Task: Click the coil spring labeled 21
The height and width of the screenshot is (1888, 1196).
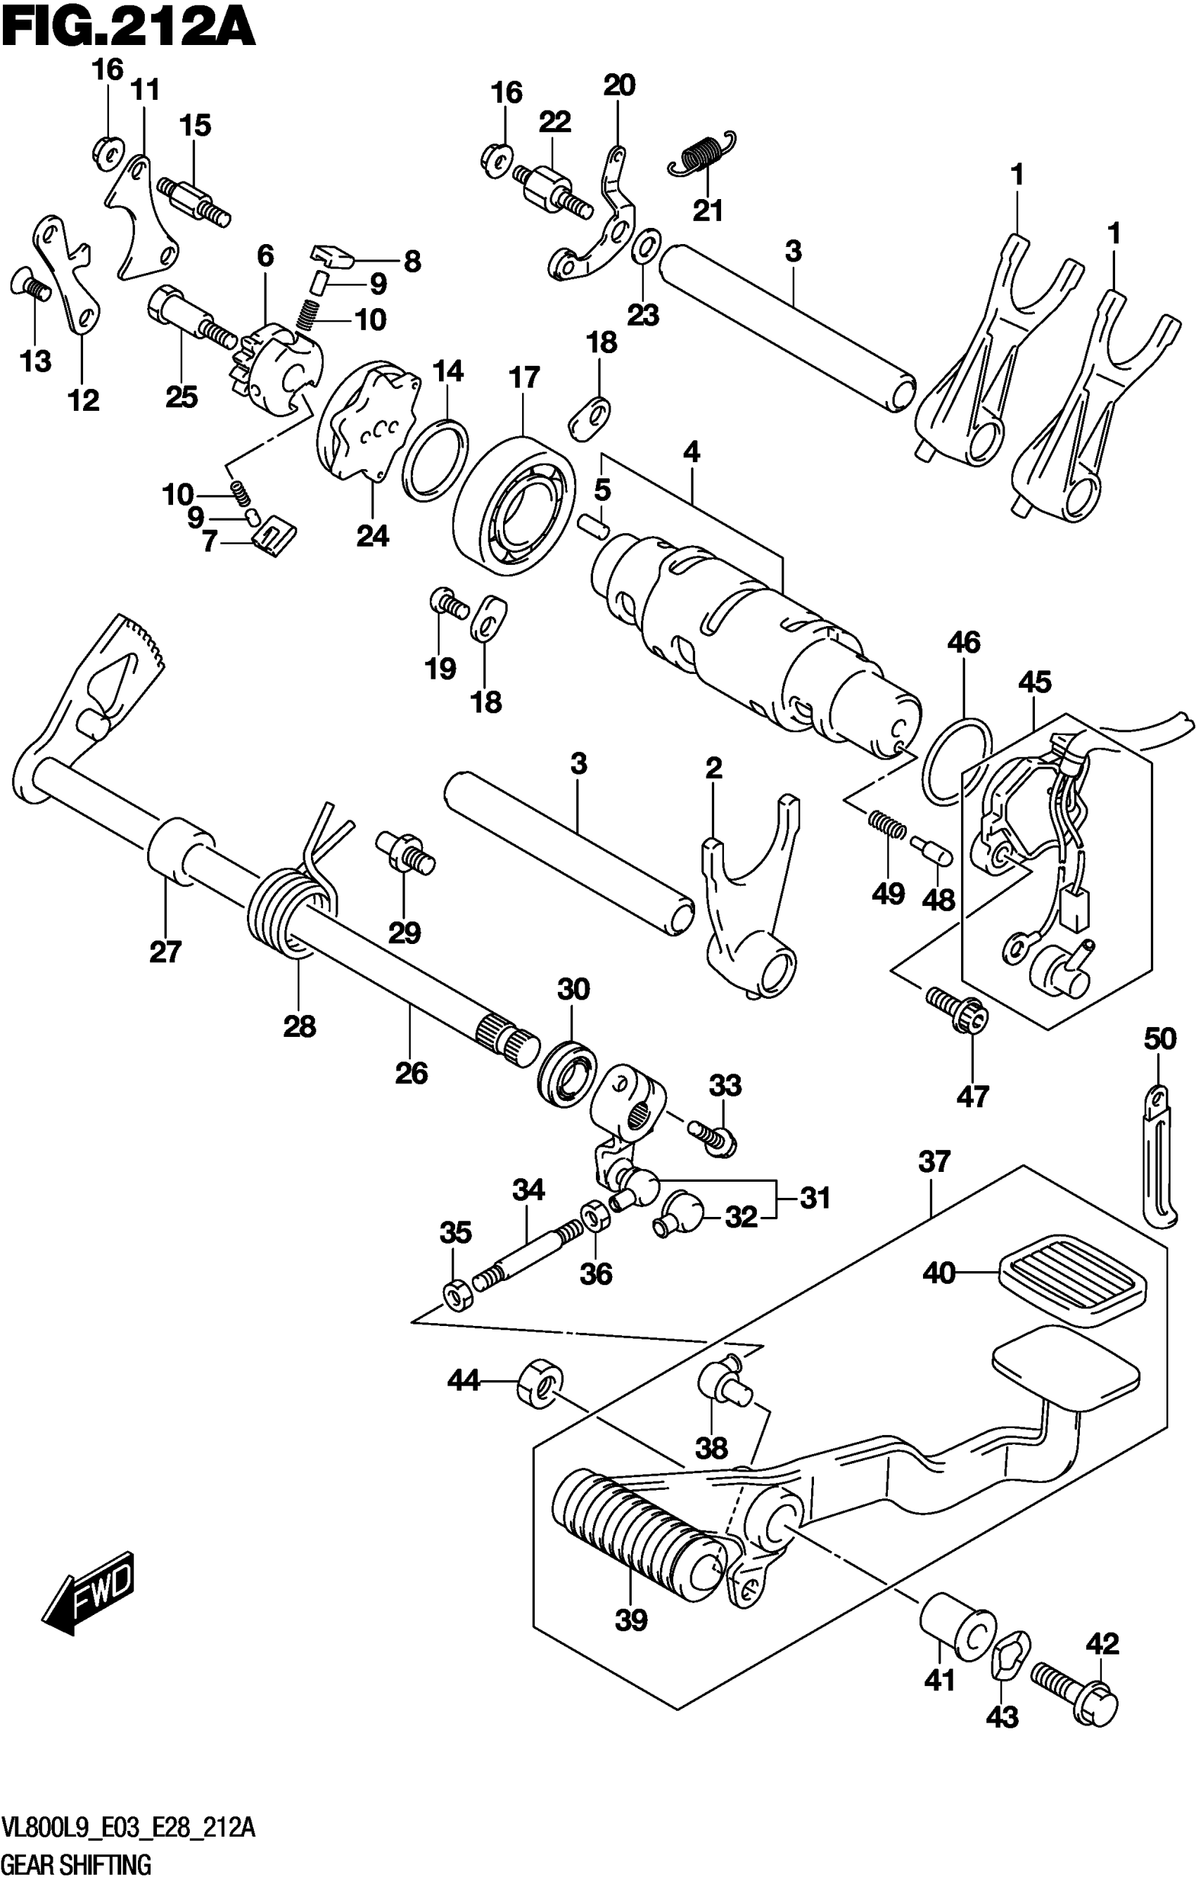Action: pos(703,152)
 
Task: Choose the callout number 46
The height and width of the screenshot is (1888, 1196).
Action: pos(963,642)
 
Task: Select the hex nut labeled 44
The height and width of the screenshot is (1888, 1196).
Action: pos(540,1382)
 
